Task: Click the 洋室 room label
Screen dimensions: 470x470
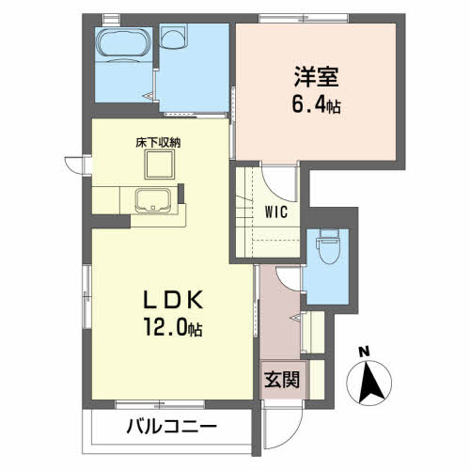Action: pyautogui.click(x=316, y=77)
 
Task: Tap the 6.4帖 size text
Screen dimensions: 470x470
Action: pyautogui.click(x=316, y=104)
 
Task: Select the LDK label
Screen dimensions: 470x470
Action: pyautogui.click(x=173, y=300)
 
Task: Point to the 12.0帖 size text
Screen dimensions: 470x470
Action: pyautogui.click(x=173, y=326)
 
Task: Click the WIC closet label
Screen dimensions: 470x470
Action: pyautogui.click(x=276, y=212)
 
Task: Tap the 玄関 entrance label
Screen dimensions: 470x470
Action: pyautogui.click(x=282, y=380)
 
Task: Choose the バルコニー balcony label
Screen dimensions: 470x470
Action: pyautogui.click(x=172, y=427)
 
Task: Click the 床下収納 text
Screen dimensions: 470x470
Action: pyautogui.click(x=158, y=143)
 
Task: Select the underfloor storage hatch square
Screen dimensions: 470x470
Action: pyautogui.click(x=160, y=164)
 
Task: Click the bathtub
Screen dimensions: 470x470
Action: pyautogui.click(x=123, y=43)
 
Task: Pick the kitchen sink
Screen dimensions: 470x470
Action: pyautogui.click(x=153, y=200)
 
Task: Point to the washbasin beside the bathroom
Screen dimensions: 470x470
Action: pyautogui.click(x=173, y=37)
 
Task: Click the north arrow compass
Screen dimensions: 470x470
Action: pyautogui.click(x=369, y=383)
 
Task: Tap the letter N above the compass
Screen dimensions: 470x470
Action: pyautogui.click(x=364, y=352)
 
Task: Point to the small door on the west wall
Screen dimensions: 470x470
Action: pyautogui.click(x=74, y=164)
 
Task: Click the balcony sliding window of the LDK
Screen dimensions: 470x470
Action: pyautogui.click(x=160, y=405)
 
